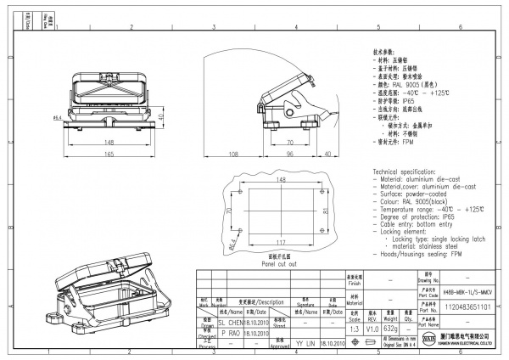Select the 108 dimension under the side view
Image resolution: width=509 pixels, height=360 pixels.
(232, 155)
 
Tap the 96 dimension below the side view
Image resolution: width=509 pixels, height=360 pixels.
(288, 155)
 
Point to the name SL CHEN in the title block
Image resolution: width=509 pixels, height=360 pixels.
(230, 323)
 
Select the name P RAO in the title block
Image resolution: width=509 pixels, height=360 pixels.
(230, 334)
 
